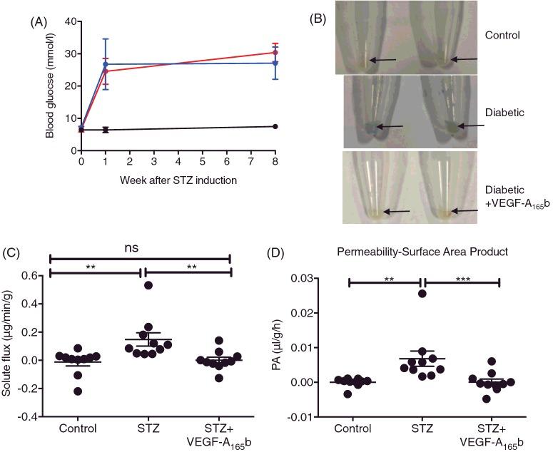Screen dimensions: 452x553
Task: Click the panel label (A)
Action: coord(39,21)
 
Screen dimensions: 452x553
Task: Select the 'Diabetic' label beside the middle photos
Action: coord(504,112)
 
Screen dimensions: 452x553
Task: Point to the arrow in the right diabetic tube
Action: coord(471,125)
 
